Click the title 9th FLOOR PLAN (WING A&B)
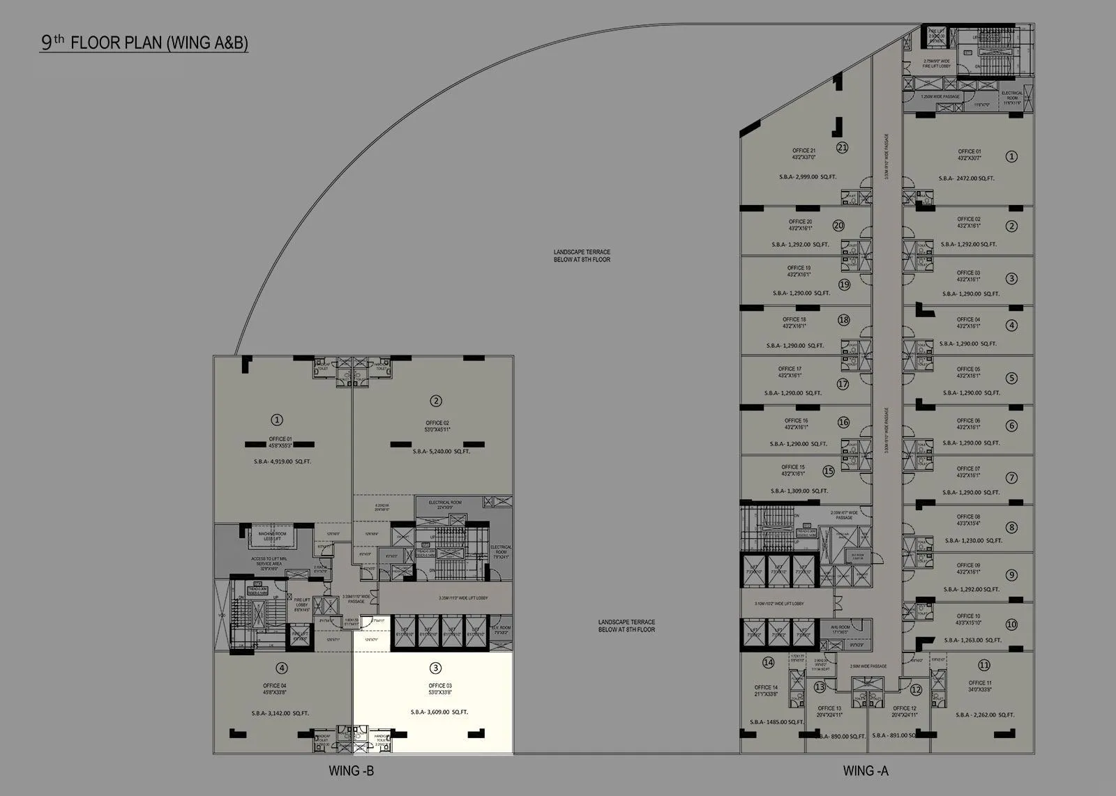[144, 43]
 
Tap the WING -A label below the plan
[866, 771]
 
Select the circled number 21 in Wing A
[842, 148]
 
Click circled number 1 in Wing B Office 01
[277, 420]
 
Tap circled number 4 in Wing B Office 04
[282, 668]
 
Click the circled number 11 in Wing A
[984, 664]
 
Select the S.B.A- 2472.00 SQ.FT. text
[966, 178]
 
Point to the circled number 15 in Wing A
[828, 471]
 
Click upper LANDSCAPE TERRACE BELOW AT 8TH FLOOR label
[582, 256]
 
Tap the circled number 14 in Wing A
[768, 662]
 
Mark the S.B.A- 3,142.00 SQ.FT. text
[280, 713]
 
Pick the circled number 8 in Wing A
[1011, 528]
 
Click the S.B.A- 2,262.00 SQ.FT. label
[985, 715]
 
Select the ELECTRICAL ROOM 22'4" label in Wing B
[445, 505]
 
